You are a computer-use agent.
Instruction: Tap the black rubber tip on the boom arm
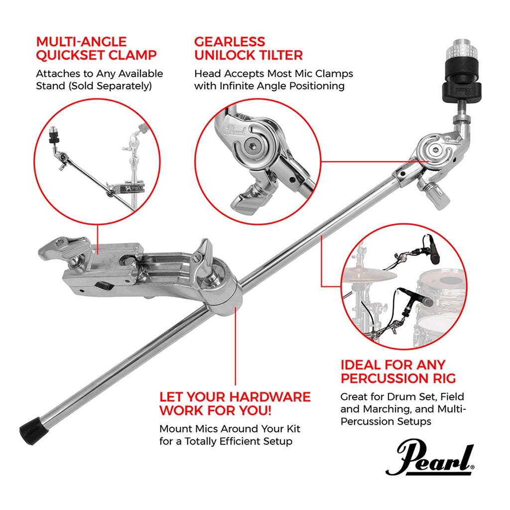tap(31, 428)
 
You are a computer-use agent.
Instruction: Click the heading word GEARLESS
tap(230, 41)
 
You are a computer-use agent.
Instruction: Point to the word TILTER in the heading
tap(277, 55)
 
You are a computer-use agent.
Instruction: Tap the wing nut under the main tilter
tap(435, 195)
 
